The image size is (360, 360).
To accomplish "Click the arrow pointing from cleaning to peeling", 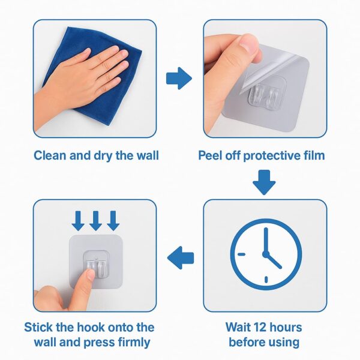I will coord(178,77).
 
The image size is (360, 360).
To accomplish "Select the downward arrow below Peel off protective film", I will coord(263,182).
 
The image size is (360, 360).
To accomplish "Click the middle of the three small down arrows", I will coord(95,220).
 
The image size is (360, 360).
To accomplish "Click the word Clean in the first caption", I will coord(50,156).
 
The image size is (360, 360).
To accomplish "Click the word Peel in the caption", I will coord(211,156).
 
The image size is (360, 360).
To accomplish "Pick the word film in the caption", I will coord(311,156).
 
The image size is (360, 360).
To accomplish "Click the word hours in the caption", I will coord(286,328).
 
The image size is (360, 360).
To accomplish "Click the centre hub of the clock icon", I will coord(264,253).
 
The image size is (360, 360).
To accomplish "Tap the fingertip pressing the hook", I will coord(89,274).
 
